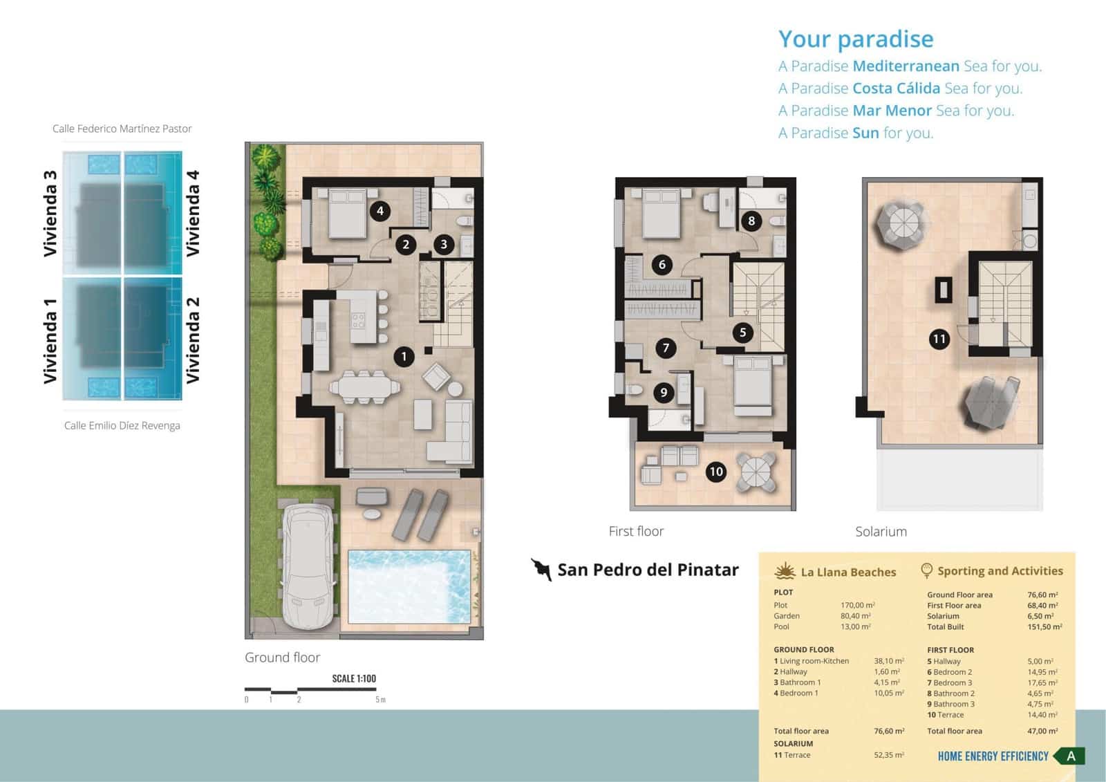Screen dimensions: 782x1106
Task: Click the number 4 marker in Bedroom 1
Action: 379,211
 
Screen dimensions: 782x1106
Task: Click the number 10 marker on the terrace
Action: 715,472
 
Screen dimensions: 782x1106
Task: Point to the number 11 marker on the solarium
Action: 939,339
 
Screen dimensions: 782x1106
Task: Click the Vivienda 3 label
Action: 50,214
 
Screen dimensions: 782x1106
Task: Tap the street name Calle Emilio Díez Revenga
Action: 122,426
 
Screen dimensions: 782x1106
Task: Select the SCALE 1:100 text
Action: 354,678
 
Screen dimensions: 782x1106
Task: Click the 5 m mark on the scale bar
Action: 379,700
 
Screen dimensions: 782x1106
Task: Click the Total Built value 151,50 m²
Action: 1044,627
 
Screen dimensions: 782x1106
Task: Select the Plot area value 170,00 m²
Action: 857,605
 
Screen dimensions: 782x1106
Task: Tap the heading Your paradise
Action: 856,39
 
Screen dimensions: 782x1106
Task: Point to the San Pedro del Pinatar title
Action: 648,570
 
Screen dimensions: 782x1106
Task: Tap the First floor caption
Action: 636,531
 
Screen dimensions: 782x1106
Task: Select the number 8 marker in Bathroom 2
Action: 751,221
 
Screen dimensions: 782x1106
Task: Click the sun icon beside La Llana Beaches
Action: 785,571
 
